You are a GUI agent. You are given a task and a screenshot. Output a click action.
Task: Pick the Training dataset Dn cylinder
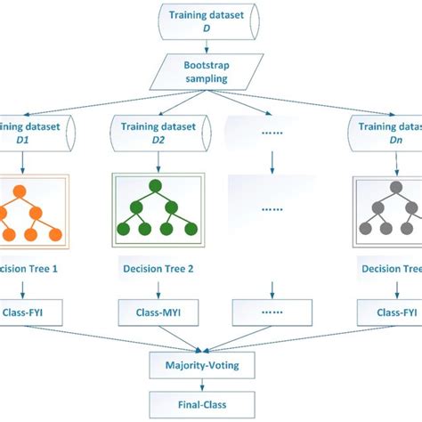[x=385, y=134]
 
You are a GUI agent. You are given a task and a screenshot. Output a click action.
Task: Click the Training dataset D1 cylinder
[x=30, y=134]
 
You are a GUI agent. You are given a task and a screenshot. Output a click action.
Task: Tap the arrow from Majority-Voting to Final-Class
[x=211, y=385]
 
